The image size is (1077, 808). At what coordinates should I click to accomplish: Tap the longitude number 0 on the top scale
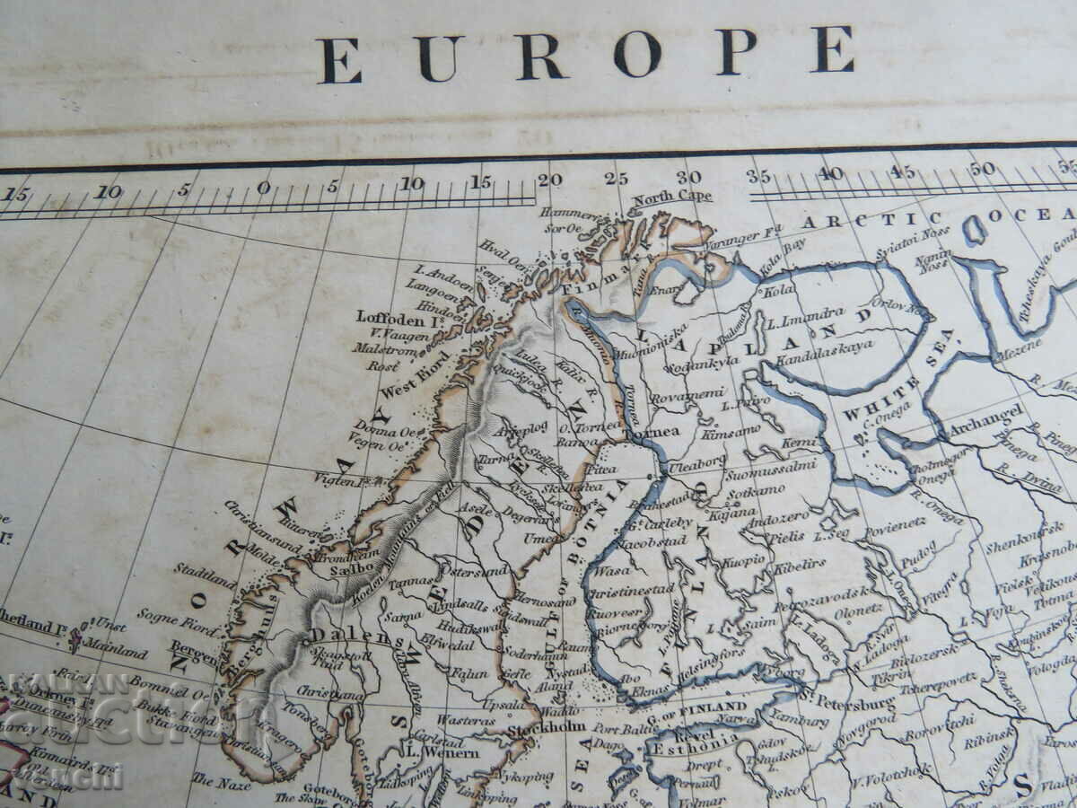click(263, 187)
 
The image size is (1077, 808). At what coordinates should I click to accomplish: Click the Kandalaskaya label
click(825, 344)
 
